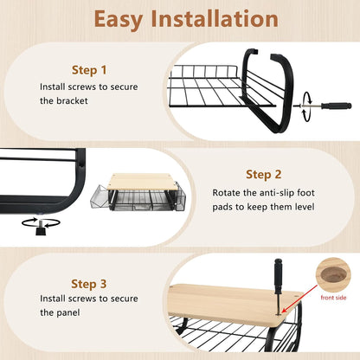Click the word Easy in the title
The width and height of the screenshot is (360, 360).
point(118,20)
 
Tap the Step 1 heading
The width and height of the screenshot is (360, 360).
point(89,70)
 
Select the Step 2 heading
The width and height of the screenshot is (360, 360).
point(263,175)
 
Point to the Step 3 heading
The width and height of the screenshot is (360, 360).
point(89,284)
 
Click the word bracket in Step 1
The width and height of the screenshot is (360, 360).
point(72,100)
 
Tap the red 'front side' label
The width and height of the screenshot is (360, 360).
point(333,298)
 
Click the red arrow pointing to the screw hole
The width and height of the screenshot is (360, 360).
point(299,299)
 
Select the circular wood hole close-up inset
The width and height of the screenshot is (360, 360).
point(333,275)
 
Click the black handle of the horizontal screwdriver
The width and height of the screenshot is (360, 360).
point(337,106)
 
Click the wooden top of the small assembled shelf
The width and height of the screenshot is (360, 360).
point(144,182)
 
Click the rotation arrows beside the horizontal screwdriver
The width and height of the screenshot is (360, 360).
point(306,106)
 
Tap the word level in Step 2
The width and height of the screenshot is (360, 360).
point(305,207)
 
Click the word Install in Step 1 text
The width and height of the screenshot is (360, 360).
point(53,87)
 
